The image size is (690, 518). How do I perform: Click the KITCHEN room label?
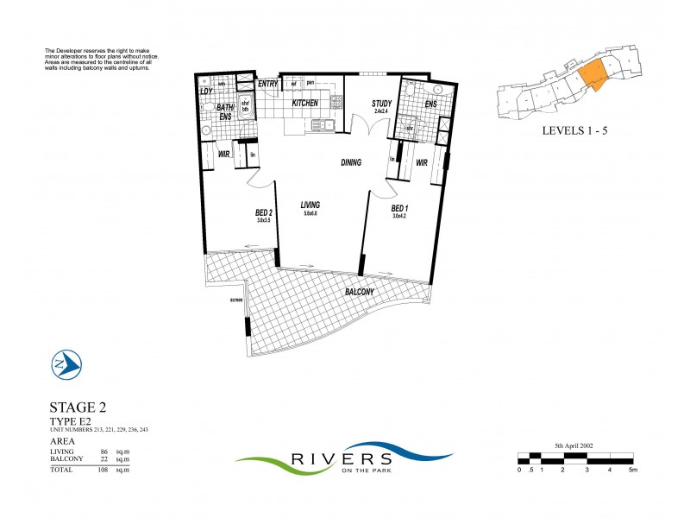click(x=305, y=103)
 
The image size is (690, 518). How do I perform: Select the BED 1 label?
click(x=399, y=208)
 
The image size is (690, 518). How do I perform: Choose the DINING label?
click(x=350, y=162)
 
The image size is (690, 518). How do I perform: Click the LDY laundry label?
click(x=207, y=91)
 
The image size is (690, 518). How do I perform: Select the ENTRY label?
click(x=267, y=84)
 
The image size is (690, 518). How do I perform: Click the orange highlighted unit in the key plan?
click(x=593, y=75)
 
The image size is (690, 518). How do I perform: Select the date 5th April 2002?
click(x=577, y=446)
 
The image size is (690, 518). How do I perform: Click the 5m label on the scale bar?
click(x=633, y=471)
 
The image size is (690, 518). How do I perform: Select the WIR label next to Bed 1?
click(x=423, y=162)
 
